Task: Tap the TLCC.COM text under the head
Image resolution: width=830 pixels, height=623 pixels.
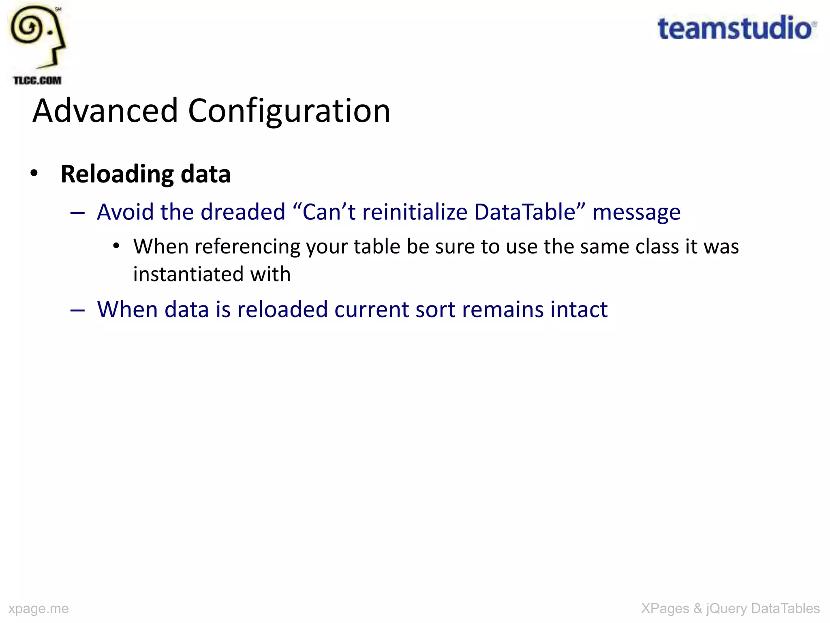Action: tap(37, 80)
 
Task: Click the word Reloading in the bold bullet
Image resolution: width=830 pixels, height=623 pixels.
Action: tap(117, 174)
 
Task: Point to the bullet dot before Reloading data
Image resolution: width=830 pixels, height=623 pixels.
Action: tap(34, 174)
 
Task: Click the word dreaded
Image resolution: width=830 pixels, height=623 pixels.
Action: tap(243, 212)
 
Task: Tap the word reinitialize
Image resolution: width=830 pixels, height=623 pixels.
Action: tap(415, 212)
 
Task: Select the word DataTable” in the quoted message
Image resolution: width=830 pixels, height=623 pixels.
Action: tap(530, 212)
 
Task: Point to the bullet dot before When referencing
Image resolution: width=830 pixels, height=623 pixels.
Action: tap(116, 246)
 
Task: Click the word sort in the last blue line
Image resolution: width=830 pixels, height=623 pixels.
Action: tap(435, 310)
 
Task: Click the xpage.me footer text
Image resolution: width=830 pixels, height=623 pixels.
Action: tap(39, 608)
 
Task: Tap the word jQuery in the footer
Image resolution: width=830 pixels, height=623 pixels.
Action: tap(726, 608)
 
